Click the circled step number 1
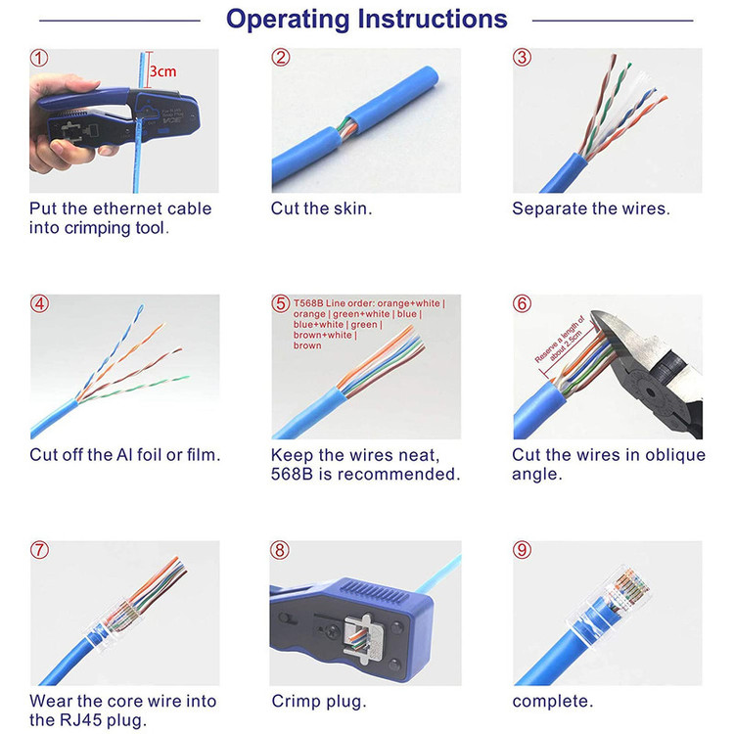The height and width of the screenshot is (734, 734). pyautogui.click(x=39, y=58)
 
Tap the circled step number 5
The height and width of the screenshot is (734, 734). pyautogui.click(x=281, y=303)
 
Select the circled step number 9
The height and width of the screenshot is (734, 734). pyautogui.click(x=522, y=550)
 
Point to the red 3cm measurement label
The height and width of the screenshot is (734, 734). pyautogui.click(x=162, y=71)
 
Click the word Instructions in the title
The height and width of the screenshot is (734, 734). pyautogui.click(x=432, y=20)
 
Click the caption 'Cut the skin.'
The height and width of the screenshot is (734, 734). pyautogui.click(x=322, y=208)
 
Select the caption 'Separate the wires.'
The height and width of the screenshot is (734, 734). pyautogui.click(x=591, y=208)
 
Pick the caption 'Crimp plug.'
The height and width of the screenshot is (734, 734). pyautogui.click(x=319, y=702)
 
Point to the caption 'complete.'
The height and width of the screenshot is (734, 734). pyautogui.click(x=552, y=702)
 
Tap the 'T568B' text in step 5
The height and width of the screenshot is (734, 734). pyautogui.click(x=308, y=303)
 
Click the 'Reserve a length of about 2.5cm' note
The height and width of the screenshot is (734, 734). pyautogui.click(x=560, y=341)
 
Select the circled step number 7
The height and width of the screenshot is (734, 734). pyautogui.click(x=39, y=550)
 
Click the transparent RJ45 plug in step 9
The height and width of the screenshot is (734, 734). pyautogui.click(x=609, y=604)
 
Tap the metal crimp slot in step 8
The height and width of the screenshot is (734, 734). pyautogui.click(x=363, y=636)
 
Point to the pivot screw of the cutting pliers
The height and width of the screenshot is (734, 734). pyautogui.click(x=649, y=392)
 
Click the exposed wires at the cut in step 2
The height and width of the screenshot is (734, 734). pyautogui.click(x=345, y=128)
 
